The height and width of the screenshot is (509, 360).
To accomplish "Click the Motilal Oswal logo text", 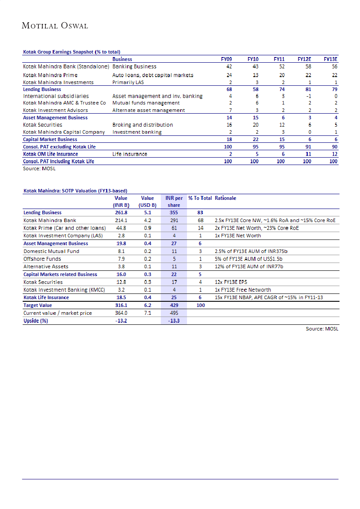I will click(55, 26).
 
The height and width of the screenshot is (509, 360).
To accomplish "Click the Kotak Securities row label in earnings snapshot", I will click(43, 125).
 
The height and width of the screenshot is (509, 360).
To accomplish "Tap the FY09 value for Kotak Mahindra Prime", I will click(229, 75).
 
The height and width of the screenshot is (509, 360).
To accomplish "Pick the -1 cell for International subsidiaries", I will click(308, 96).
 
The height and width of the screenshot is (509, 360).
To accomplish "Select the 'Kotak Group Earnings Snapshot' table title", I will click(71, 52).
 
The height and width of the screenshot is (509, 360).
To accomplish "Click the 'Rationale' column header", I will click(225, 198).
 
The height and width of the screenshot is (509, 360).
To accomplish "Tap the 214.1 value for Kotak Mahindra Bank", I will click(120, 220).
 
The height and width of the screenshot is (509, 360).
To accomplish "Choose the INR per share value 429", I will click(174, 305).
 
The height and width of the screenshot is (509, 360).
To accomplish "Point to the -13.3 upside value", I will click(174, 321).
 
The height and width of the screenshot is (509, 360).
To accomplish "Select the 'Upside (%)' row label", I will click(36, 321).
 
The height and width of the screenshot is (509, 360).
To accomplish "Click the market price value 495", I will click(174, 313).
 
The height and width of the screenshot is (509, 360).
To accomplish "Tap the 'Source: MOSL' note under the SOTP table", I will click(322, 329).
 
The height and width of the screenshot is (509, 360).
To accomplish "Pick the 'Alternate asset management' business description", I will click(148, 110).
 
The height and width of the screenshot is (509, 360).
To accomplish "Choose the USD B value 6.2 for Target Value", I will click(147, 305).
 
